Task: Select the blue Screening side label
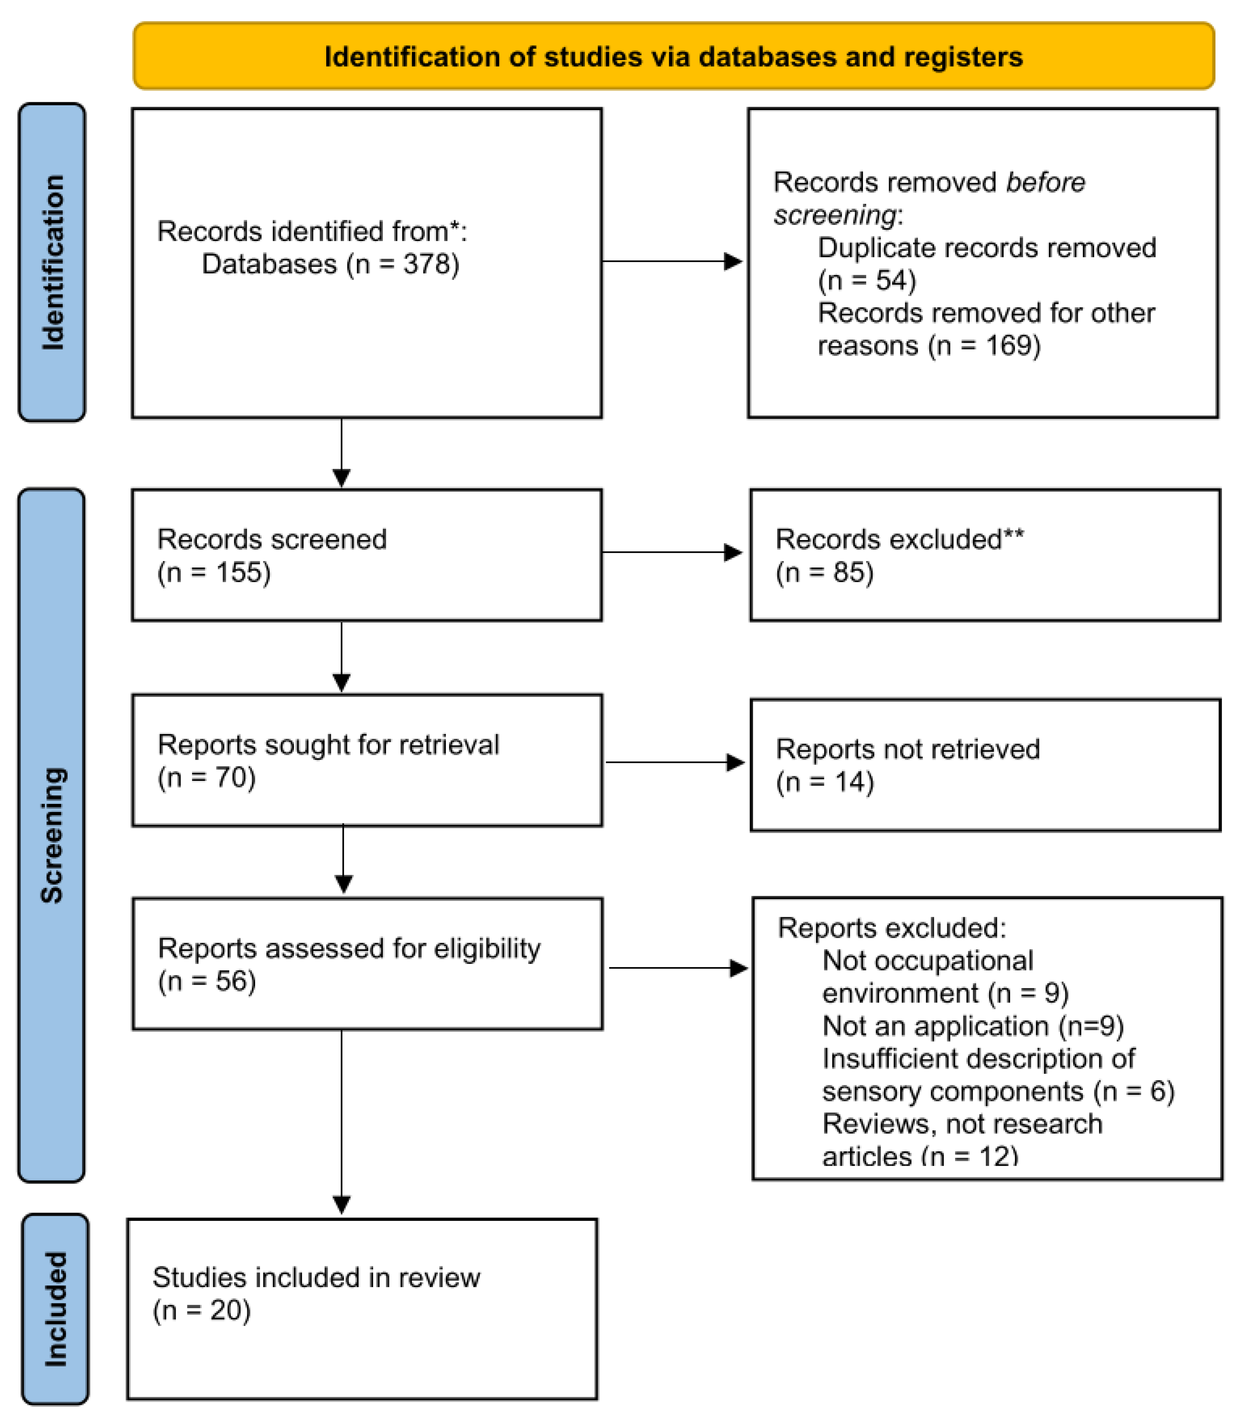pos(52,835)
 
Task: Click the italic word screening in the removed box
pos(835,215)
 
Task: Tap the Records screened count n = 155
pos(214,572)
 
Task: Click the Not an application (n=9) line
pos(973,1026)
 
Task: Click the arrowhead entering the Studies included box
pos(341,1204)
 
